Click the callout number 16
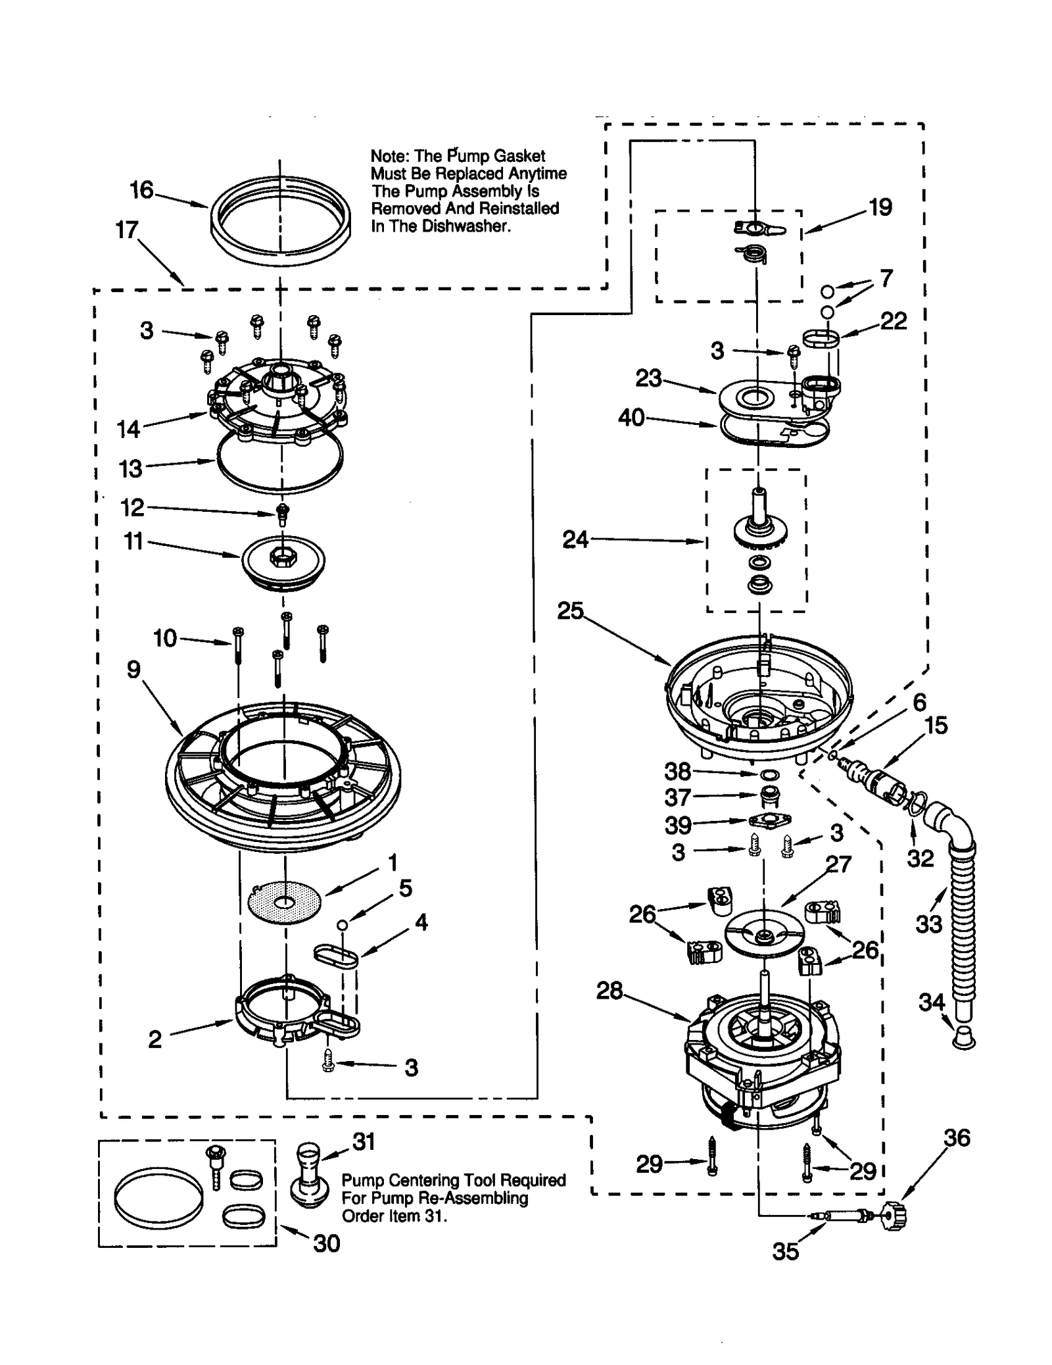coord(141,191)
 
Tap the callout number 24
coord(575,539)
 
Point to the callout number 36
coord(957,1138)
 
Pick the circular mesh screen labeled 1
coord(284,902)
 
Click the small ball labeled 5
coord(341,925)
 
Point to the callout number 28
coord(610,991)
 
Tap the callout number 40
coord(631,418)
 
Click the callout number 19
coord(880,207)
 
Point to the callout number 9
coord(133,670)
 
